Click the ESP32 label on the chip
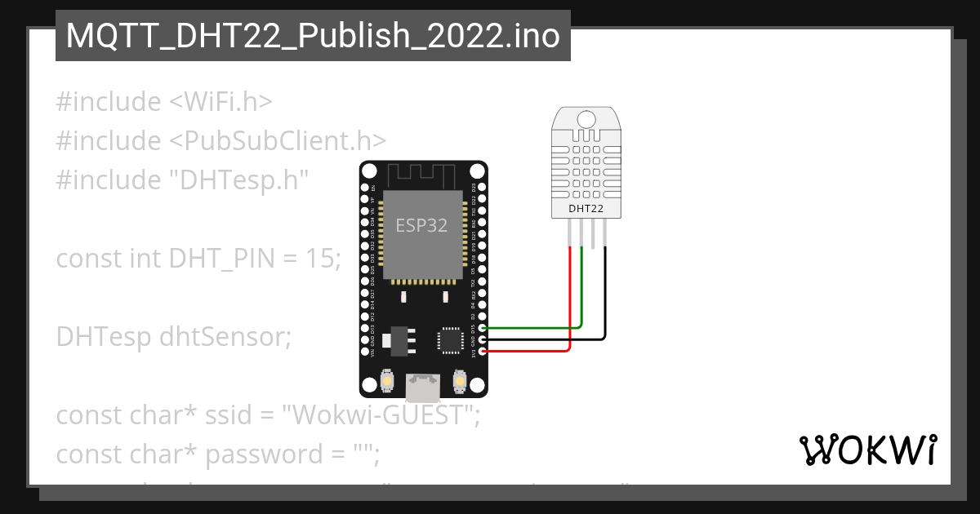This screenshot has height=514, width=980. coord(421,226)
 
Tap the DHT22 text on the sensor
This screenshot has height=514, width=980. coord(586,209)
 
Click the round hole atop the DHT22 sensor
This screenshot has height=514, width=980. coord(586,118)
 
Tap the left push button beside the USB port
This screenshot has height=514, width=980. coord(387,381)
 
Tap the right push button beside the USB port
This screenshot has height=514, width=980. coord(459,381)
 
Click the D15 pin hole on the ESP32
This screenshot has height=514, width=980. coord(482,328)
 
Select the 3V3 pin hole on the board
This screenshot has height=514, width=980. coord(482,351)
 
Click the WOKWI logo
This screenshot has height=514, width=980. coord(868,450)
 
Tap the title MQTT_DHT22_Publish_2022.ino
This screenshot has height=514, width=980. coord(313,36)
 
